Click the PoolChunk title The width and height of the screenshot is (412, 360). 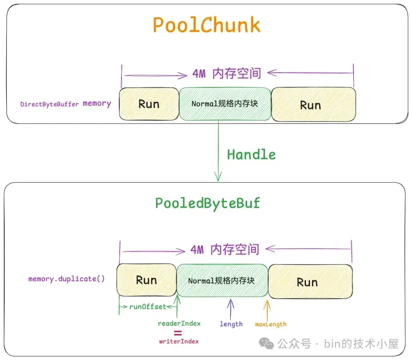[206, 25]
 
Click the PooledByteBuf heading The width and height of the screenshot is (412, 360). [208, 203]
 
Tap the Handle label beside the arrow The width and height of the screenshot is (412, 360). [251, 155]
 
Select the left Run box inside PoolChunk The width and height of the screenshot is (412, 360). [149, 104]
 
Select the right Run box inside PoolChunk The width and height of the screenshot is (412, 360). [313, 105]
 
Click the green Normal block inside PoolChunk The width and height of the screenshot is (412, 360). [225, 104]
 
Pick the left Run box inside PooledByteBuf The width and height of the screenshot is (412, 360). [146, 281]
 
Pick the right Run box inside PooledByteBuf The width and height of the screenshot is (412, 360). [310, 282]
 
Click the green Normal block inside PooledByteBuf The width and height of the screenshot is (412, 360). [222, 281]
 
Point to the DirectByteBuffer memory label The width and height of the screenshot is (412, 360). [66, 103]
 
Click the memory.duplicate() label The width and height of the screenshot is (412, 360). [66, 279]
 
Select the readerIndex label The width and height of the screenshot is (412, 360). [179, 323]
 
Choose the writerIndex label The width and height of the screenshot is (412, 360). [179, 341]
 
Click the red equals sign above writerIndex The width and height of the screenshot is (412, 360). [178, 333]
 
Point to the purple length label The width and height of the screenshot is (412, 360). [231, 324]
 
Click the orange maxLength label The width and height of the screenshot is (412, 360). [270, 324]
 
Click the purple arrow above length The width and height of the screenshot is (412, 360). [230, 308]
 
